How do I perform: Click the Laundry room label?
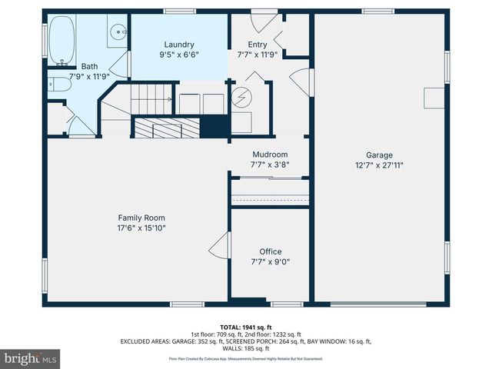tap(178, 45)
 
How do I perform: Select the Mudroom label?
tap(269, 154)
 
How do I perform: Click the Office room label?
tap(270, 251)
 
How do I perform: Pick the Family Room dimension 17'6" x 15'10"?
tap(141, 228)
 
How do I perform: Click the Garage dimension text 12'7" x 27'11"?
tap(380, 165)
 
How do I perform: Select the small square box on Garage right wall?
tap(434, 98)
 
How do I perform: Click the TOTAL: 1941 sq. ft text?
tap(245, 327)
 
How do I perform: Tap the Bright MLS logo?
tap(31, 358)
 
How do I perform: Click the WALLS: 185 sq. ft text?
tap(246, 348)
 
